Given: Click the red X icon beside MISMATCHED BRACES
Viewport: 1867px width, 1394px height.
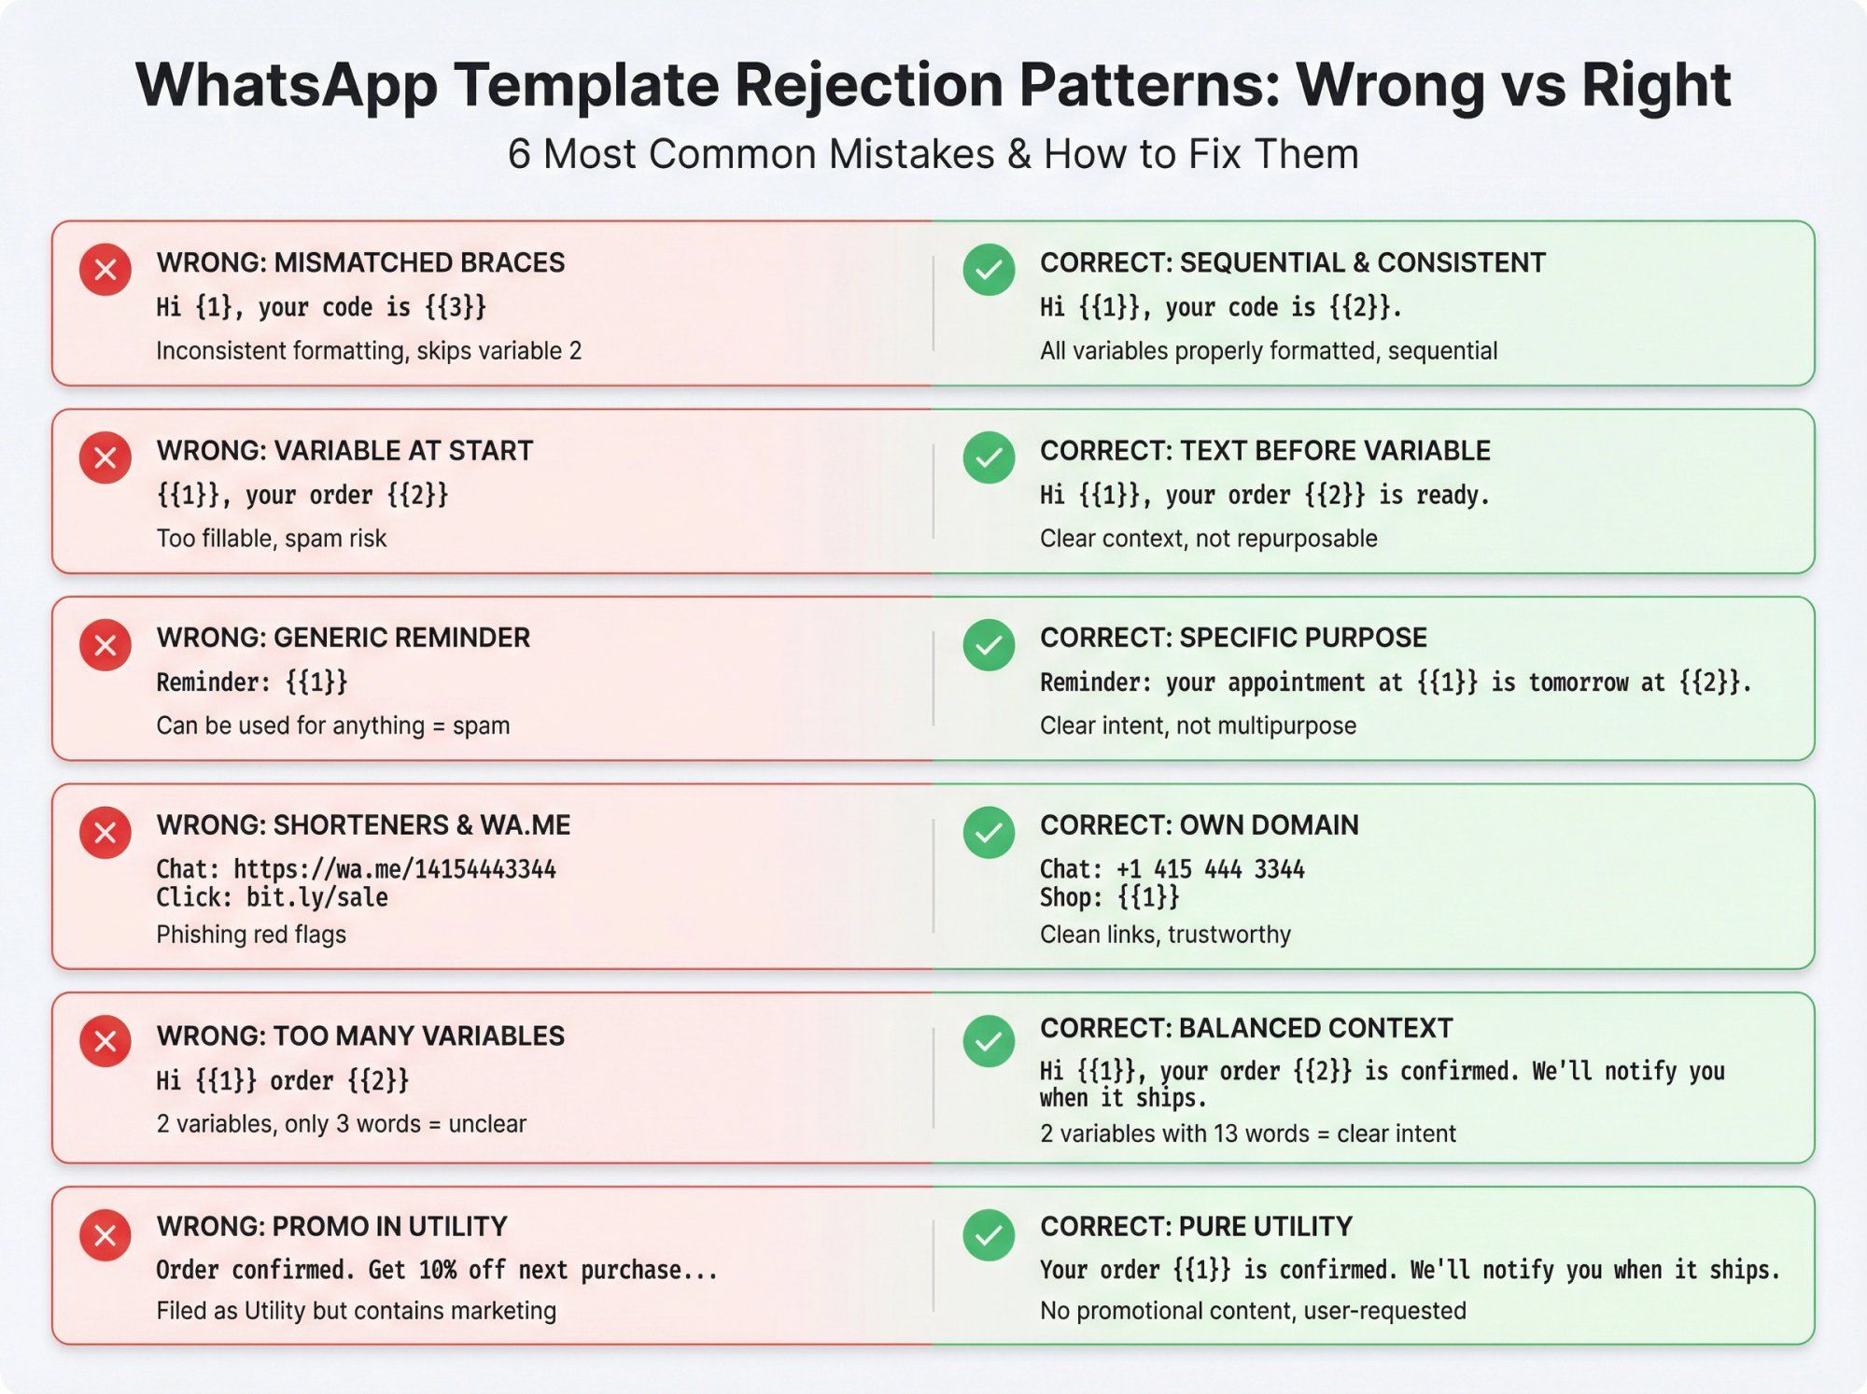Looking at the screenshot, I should click(105, 270).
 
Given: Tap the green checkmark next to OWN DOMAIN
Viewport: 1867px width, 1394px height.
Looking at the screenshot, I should click(989, 832).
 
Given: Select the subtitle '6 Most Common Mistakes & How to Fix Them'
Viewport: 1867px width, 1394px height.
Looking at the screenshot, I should click(933, 154).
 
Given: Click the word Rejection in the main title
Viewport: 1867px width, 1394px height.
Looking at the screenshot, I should click(868, 86).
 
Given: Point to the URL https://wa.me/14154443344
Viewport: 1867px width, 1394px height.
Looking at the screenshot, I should click(394, 869).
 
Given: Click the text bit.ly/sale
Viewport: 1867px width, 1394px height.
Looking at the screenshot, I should click(316, 897).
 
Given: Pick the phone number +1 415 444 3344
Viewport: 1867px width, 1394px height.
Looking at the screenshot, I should click(1210, 869).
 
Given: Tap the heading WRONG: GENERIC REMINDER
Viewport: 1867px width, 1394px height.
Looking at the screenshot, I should click(343, 638).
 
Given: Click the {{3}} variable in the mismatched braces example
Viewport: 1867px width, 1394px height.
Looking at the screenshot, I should click(456, 307).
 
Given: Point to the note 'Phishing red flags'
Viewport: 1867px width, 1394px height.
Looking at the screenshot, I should click(251, 935).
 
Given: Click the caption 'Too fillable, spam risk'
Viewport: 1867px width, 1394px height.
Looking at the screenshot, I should click(271, 539).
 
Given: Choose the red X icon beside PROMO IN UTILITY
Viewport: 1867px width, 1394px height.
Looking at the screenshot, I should click(105, 1235).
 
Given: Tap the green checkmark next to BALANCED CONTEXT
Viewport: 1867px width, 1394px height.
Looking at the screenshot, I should click(989, 1041).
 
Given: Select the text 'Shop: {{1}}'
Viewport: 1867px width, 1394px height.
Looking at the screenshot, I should click(1109, 897).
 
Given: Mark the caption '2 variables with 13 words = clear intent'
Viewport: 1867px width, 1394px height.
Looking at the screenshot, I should click(1247, 1134).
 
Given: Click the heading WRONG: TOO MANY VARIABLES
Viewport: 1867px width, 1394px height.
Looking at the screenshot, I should click(360, 1035).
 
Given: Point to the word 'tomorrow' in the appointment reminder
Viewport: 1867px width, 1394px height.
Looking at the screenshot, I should click(1578, 683).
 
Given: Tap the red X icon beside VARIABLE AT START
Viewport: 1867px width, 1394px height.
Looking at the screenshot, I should click(105, 458).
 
